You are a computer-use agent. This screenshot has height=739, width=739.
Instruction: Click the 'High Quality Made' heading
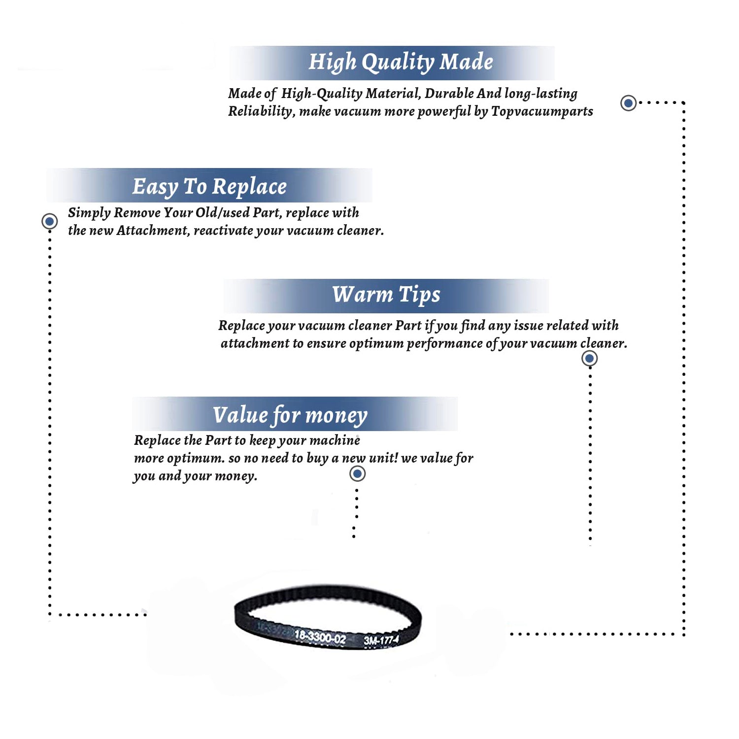pos(401,63)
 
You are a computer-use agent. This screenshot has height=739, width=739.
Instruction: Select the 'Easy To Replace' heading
pos(209,187)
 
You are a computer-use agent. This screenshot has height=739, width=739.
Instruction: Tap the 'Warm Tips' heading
pos(386,295)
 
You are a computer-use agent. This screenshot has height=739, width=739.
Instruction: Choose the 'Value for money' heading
pos(290,415)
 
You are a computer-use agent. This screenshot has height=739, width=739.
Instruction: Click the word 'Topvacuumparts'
pos(542,112)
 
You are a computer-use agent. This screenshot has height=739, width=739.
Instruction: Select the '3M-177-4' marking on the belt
pos(381,640)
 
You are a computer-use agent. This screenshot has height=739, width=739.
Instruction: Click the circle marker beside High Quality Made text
pos(628,103)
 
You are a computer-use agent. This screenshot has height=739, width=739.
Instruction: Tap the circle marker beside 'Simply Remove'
pos(49,221)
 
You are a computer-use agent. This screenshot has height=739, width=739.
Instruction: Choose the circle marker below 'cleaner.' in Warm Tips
pos(590,358)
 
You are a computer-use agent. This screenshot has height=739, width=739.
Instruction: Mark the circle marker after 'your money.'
pos(357,474)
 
